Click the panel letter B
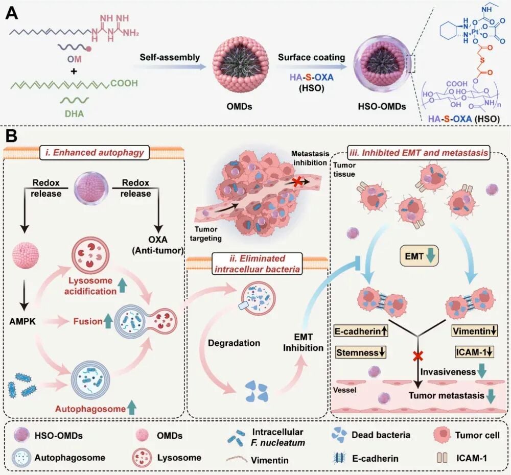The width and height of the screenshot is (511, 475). tap(11, 136)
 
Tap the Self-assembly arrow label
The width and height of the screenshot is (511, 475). tap(170, 58)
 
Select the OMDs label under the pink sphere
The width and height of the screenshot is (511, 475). tap(240, 107)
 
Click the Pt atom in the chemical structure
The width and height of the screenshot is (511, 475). tap(475, 32)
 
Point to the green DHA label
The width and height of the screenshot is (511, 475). tap(74, 114)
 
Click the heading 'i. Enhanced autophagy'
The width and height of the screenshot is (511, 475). tap(95, 153)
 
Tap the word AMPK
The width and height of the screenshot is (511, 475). tap(22, 322)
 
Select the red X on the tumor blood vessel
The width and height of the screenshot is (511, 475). tap(297, 182)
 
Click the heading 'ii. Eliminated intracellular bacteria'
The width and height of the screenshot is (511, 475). tap(257, 264)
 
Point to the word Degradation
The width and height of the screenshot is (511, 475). tap(234, 343)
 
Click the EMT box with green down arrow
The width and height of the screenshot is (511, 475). tap(420, 256)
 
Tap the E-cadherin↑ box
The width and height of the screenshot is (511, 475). tap(361, 331)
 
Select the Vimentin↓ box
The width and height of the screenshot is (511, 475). tap(475, 331)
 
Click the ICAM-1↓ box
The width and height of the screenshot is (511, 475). tap(475, 352)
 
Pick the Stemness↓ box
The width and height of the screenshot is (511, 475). tap(361, 352)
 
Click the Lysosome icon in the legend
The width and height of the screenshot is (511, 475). tap(142, 458)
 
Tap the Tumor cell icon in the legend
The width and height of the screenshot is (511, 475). tap(443, 435)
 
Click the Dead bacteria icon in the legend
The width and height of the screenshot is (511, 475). tap(339, 435)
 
